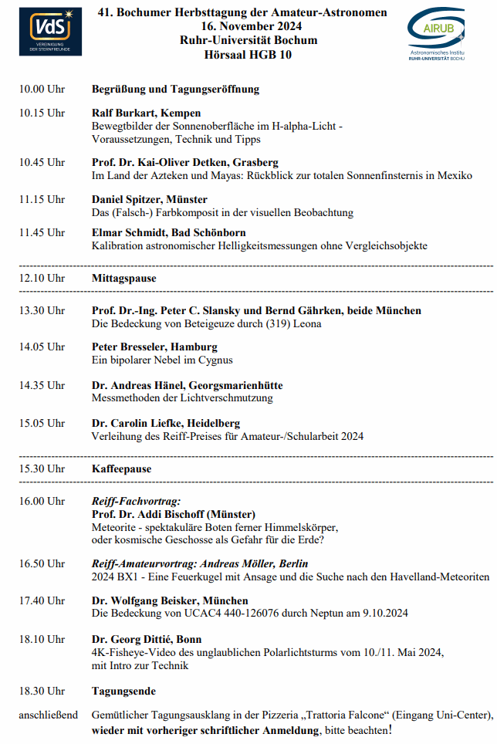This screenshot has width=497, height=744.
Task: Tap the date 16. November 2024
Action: point(243,27)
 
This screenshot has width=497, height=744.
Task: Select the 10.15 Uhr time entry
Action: point(42,113)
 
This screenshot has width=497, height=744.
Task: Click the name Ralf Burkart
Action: point(123,113)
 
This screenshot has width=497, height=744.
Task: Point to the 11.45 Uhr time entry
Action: point(42,233)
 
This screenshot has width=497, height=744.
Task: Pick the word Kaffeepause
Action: point(122,469)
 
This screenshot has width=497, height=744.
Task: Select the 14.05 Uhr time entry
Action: point(42,347)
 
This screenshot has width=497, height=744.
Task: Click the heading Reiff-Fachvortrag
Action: point(136,502)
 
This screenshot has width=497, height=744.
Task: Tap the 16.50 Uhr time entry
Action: point(42,564)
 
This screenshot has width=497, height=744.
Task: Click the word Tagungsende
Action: point(123,692)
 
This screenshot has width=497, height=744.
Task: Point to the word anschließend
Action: point(49,715)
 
